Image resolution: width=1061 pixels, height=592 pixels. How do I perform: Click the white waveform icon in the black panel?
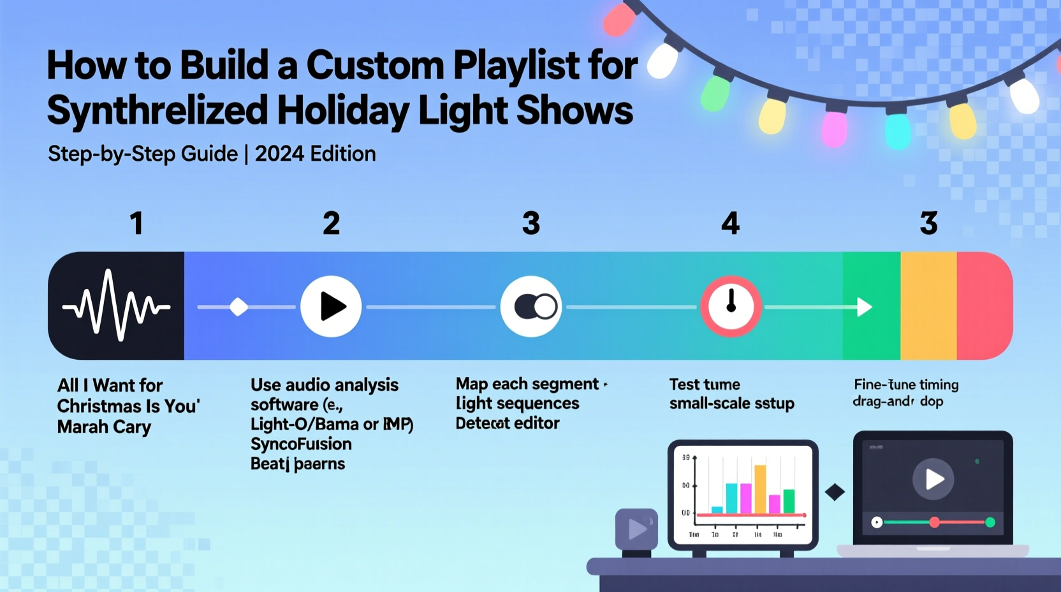tap(116, 306)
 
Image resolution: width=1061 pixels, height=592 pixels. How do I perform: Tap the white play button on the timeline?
tap(331, 307)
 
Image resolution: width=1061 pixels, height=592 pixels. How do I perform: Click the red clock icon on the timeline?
tap(731, 307)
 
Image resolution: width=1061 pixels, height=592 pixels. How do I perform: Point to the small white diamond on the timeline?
tap(238, 307)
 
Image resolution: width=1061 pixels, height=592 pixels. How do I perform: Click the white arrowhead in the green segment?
tap(864, 307)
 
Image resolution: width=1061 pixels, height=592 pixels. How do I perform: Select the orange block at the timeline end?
tap(928, 306)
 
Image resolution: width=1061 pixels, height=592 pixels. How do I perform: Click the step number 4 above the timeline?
tap(730, 223)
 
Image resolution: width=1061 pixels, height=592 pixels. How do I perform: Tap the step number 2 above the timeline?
tap(331, 223)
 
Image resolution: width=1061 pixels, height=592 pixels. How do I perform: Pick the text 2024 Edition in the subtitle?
tap(315, 154)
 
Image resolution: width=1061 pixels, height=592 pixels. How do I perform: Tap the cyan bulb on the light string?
tap(897, 131)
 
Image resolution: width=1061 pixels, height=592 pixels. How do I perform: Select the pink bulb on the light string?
tap(834, 128)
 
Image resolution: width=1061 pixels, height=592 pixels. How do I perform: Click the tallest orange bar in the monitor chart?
tap(760, 489)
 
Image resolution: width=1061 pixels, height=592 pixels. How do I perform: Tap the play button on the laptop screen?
tap(933, 478)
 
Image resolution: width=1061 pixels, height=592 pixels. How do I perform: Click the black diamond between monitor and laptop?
tap(835, 492)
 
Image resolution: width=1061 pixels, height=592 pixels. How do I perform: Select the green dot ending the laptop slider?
tap(990, 522)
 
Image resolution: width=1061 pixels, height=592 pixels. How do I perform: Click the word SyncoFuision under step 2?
tap(301, 444)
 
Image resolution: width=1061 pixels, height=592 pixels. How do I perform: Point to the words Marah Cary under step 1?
tap(104, 427)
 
